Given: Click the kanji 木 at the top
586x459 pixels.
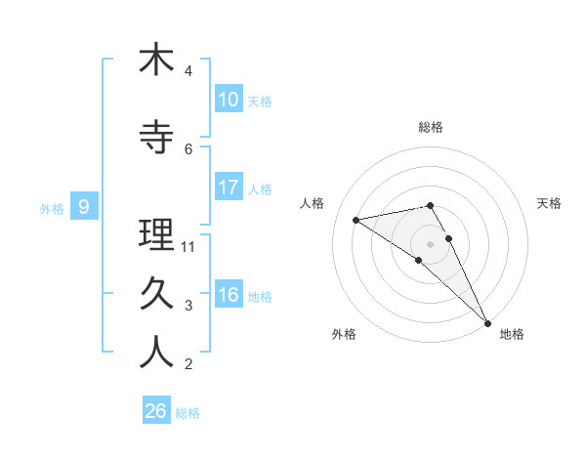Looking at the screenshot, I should click(x=156, y=61).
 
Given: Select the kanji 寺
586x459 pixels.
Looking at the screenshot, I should click(x=156, y=139).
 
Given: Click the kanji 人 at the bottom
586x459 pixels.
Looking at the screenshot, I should click(x=156, y=353).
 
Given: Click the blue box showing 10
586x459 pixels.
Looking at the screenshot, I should click(x=229, y=100).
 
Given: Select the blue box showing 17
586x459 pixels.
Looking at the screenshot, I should click(x=229, y=188).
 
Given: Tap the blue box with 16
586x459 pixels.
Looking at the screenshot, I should click(x=229, y=295).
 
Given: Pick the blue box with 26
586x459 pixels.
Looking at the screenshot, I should click(x=156, y=411).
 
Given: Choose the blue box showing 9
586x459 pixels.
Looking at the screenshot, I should click(x=84, y=207).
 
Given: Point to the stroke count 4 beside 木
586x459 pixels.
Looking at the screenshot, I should click(x=188, y=71).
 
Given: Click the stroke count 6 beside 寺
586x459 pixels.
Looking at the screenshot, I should click(x=188, y=149).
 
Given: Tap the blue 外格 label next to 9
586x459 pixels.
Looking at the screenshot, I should click(x=51, y=208).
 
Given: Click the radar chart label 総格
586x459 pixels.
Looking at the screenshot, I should click(x=431, y=127).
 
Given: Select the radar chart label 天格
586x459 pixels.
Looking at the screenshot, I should click(x=550, y=203).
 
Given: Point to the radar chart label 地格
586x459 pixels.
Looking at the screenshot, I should click(x=512, y=334).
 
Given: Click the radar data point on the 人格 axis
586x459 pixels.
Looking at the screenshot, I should click(x=356, y=220).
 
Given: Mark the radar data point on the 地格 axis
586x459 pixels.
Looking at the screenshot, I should click(x=487, y=322).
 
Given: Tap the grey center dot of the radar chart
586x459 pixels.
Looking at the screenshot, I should click(x=431, y=243).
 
